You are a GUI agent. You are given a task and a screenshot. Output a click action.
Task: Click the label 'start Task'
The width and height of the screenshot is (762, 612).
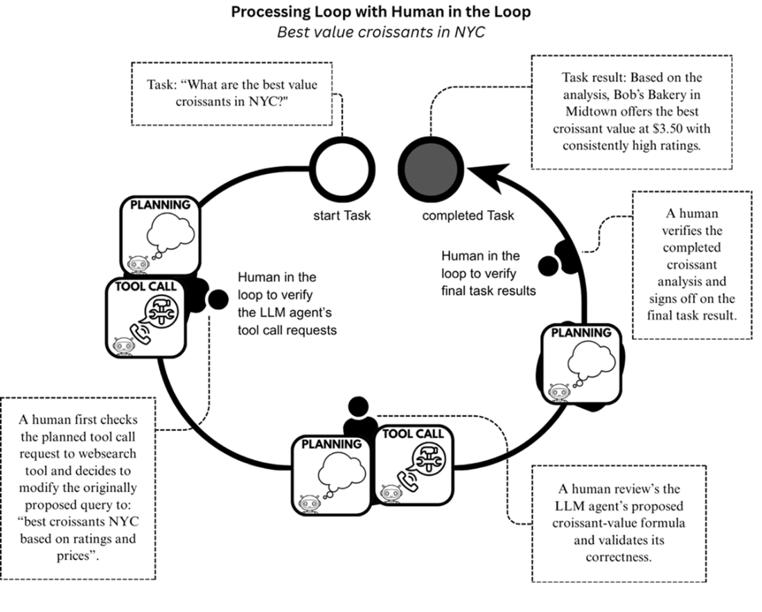342,216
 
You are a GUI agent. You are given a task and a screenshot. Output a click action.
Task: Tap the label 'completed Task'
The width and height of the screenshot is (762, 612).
468,216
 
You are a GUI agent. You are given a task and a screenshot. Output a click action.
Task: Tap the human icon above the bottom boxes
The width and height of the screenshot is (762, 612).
357,416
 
